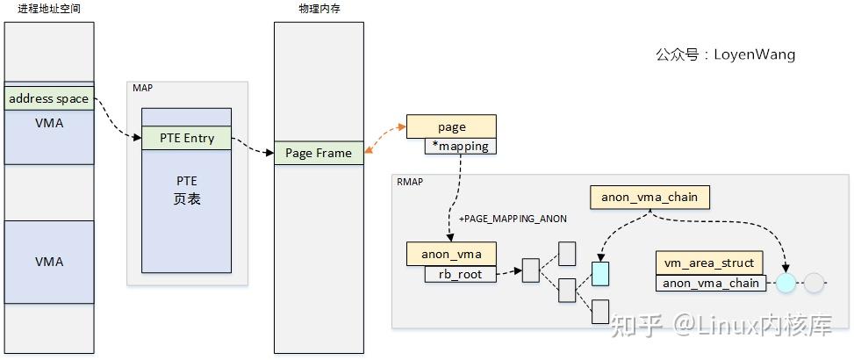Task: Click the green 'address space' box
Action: tap(48, 98)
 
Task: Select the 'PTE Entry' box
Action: tap(186, 138)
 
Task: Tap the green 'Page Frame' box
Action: tap(318, 153)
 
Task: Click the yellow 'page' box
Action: tap(451, 126)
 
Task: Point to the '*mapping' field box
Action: tap(461, 147)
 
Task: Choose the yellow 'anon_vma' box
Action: tap(450, 255)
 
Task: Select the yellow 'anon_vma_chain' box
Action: tap(649, 197)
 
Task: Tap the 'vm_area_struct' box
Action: tap(709, 262)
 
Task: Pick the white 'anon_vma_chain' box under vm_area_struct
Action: tap(710, 283)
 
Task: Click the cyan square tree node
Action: tap(600, 274)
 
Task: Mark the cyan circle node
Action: tap(786, 283)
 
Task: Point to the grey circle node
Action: tap(815, 283)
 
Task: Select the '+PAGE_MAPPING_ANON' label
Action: tap(513, 218)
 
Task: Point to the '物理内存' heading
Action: tap(319, 9)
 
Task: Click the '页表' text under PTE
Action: tap(187, 199)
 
